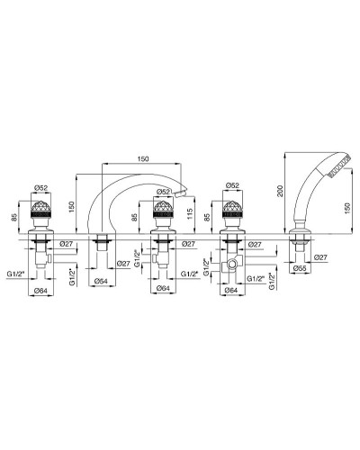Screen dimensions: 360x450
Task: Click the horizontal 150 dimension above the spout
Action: pyautogui.click(x=143, y=159)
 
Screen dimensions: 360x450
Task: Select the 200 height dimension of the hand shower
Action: pyautogui.click(x=280, y=191)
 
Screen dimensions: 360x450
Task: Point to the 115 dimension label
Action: pyautogui.click(x=189, y=214)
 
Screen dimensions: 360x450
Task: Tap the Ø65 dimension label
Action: pyautogui.click(x=301, y=268)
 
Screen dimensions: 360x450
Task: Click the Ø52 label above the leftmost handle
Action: pyautogui.click(x=41, y=188)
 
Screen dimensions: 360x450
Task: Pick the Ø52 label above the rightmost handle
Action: pyautogui.click(x=232, y=185)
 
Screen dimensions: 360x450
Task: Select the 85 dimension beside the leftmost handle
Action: pyautogui.click(x=14, y=217)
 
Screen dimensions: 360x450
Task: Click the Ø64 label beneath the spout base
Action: pyautogui.click(x=101, y=281)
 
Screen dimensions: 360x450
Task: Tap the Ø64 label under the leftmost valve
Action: pyautogui.click(x=40, y=291)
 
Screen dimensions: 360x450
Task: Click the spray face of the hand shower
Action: pyautogui.click(x=339, y=165)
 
